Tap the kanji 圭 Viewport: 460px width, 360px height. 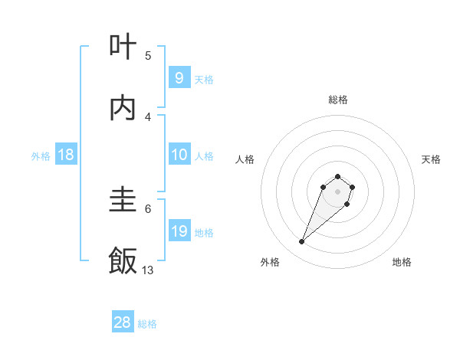point(123,201)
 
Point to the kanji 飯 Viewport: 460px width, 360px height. point(123,261)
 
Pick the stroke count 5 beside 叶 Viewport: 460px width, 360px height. point(148,55)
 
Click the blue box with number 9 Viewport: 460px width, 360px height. point(179,78)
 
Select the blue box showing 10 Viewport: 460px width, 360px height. point(179,155)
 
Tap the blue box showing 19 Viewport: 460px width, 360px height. point(179,231)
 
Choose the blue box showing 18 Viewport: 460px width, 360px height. point(66,155)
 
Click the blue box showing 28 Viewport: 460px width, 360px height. point(123,322)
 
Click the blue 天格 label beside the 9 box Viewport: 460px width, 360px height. point(204,79)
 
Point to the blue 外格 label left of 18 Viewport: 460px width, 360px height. point(41,155)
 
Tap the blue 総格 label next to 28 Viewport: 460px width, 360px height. point(147,323)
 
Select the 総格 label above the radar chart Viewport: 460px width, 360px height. point(338,100)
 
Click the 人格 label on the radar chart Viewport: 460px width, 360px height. point(245,159)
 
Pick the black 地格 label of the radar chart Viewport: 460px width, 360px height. point(402,262)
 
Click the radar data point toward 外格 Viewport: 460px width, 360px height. point(302,242)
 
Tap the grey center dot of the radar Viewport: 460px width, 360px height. point(338,191)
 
